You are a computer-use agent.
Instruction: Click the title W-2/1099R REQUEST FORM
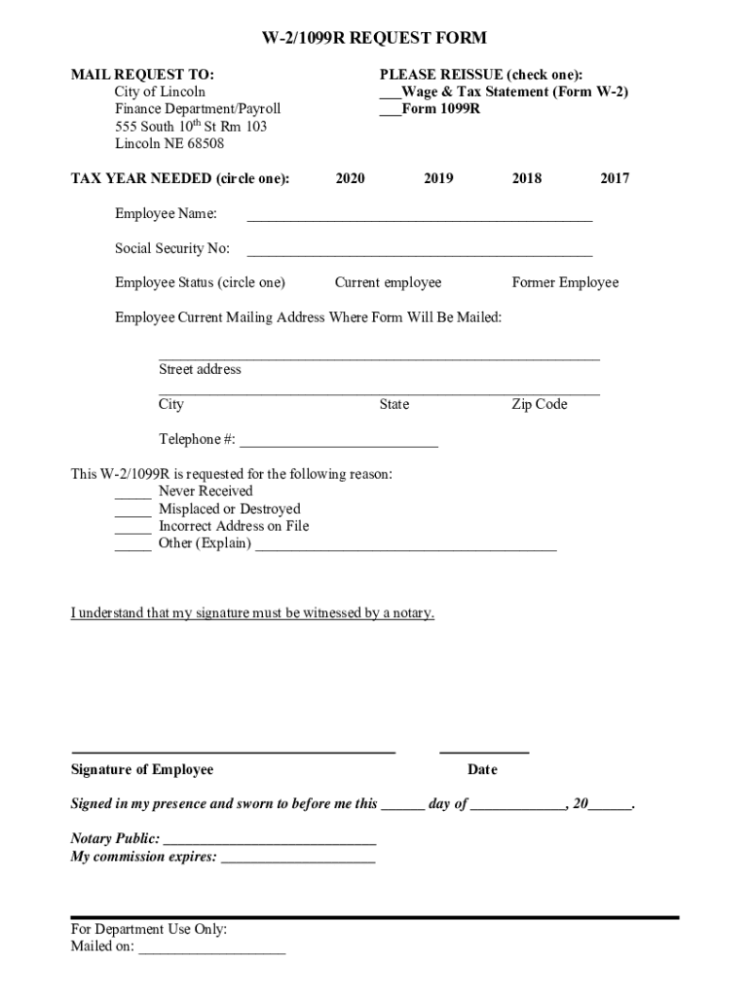pyautogui.click(x=375, y=39)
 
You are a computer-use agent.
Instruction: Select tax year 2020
pyautogui.click(x=350, y=178)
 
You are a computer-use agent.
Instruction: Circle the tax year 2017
pyautogui.click(x=615, y=178)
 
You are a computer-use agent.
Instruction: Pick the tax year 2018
pyautogui.click(x=527, y=178)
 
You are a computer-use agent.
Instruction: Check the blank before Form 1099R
pyautogui.click(x=390, y=110)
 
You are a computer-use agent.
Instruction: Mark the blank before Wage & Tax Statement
pyautogui.click(x=390, y=92)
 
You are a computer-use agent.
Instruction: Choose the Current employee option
pyautogui.click(x=388, y=282)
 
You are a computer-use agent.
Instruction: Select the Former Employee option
pyautogui.click(x=565, y=282)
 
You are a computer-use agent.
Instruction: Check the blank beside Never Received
pyautogui.click(x=133, y=493)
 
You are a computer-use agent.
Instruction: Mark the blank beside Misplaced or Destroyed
pyautogui.click(x=133, y=510)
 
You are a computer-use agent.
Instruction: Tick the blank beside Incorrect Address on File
pyautogui.click(x=133, y=528)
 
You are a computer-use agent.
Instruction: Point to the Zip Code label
pyautogui.click(x=540, y=404)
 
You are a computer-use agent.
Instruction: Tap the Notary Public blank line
pyautogui.click(x=269, y=840)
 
